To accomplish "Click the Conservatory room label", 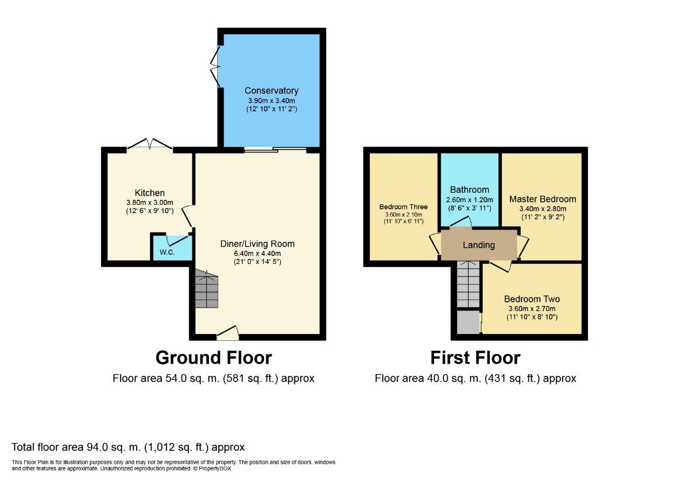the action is (x=271, y=91).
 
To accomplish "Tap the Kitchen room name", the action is (x=150, y=193).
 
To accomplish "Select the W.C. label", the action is (x=167, y=252).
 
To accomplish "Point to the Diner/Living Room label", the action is (x=257, y=244).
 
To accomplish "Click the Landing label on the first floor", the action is (x=479, y=246).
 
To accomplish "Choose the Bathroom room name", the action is (x=470, y=190).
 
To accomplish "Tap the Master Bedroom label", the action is (x=543, y=199).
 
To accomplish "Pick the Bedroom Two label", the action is (x=532, y=299).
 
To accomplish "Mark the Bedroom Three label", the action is (x=404, y=207).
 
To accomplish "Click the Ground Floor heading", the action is (x=214, y=358).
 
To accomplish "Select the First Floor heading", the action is (x=475, y=358).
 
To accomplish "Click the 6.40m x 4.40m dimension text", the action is (x=257, y=254).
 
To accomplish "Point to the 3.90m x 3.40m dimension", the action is (x=272, y=101).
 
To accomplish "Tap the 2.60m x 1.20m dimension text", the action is (x=470, y=200).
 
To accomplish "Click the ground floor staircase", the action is (x=207, y=289).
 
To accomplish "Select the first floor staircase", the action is (x=468, y=285).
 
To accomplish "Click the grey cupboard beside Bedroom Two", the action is (x=468, y=322).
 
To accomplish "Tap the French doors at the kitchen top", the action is (x=149, y=144).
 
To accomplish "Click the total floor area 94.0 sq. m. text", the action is (x=128, y=447).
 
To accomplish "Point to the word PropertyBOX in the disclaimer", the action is (x=215, y=469).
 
